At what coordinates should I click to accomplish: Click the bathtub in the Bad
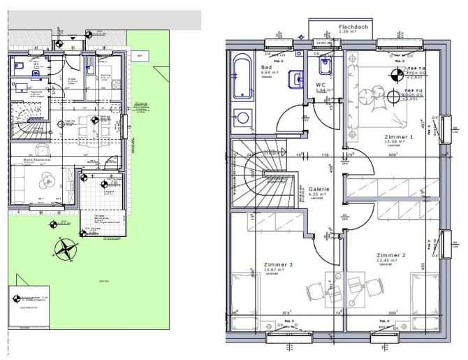[242, 77]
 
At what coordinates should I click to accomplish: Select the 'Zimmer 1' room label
[398, 137]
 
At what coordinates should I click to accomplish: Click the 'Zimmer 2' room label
[390, 256]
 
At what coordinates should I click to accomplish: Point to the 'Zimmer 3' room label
[278, 265]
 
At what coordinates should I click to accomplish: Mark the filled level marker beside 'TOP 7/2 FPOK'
[395, 72]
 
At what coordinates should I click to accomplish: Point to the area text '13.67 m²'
[278, 271]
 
